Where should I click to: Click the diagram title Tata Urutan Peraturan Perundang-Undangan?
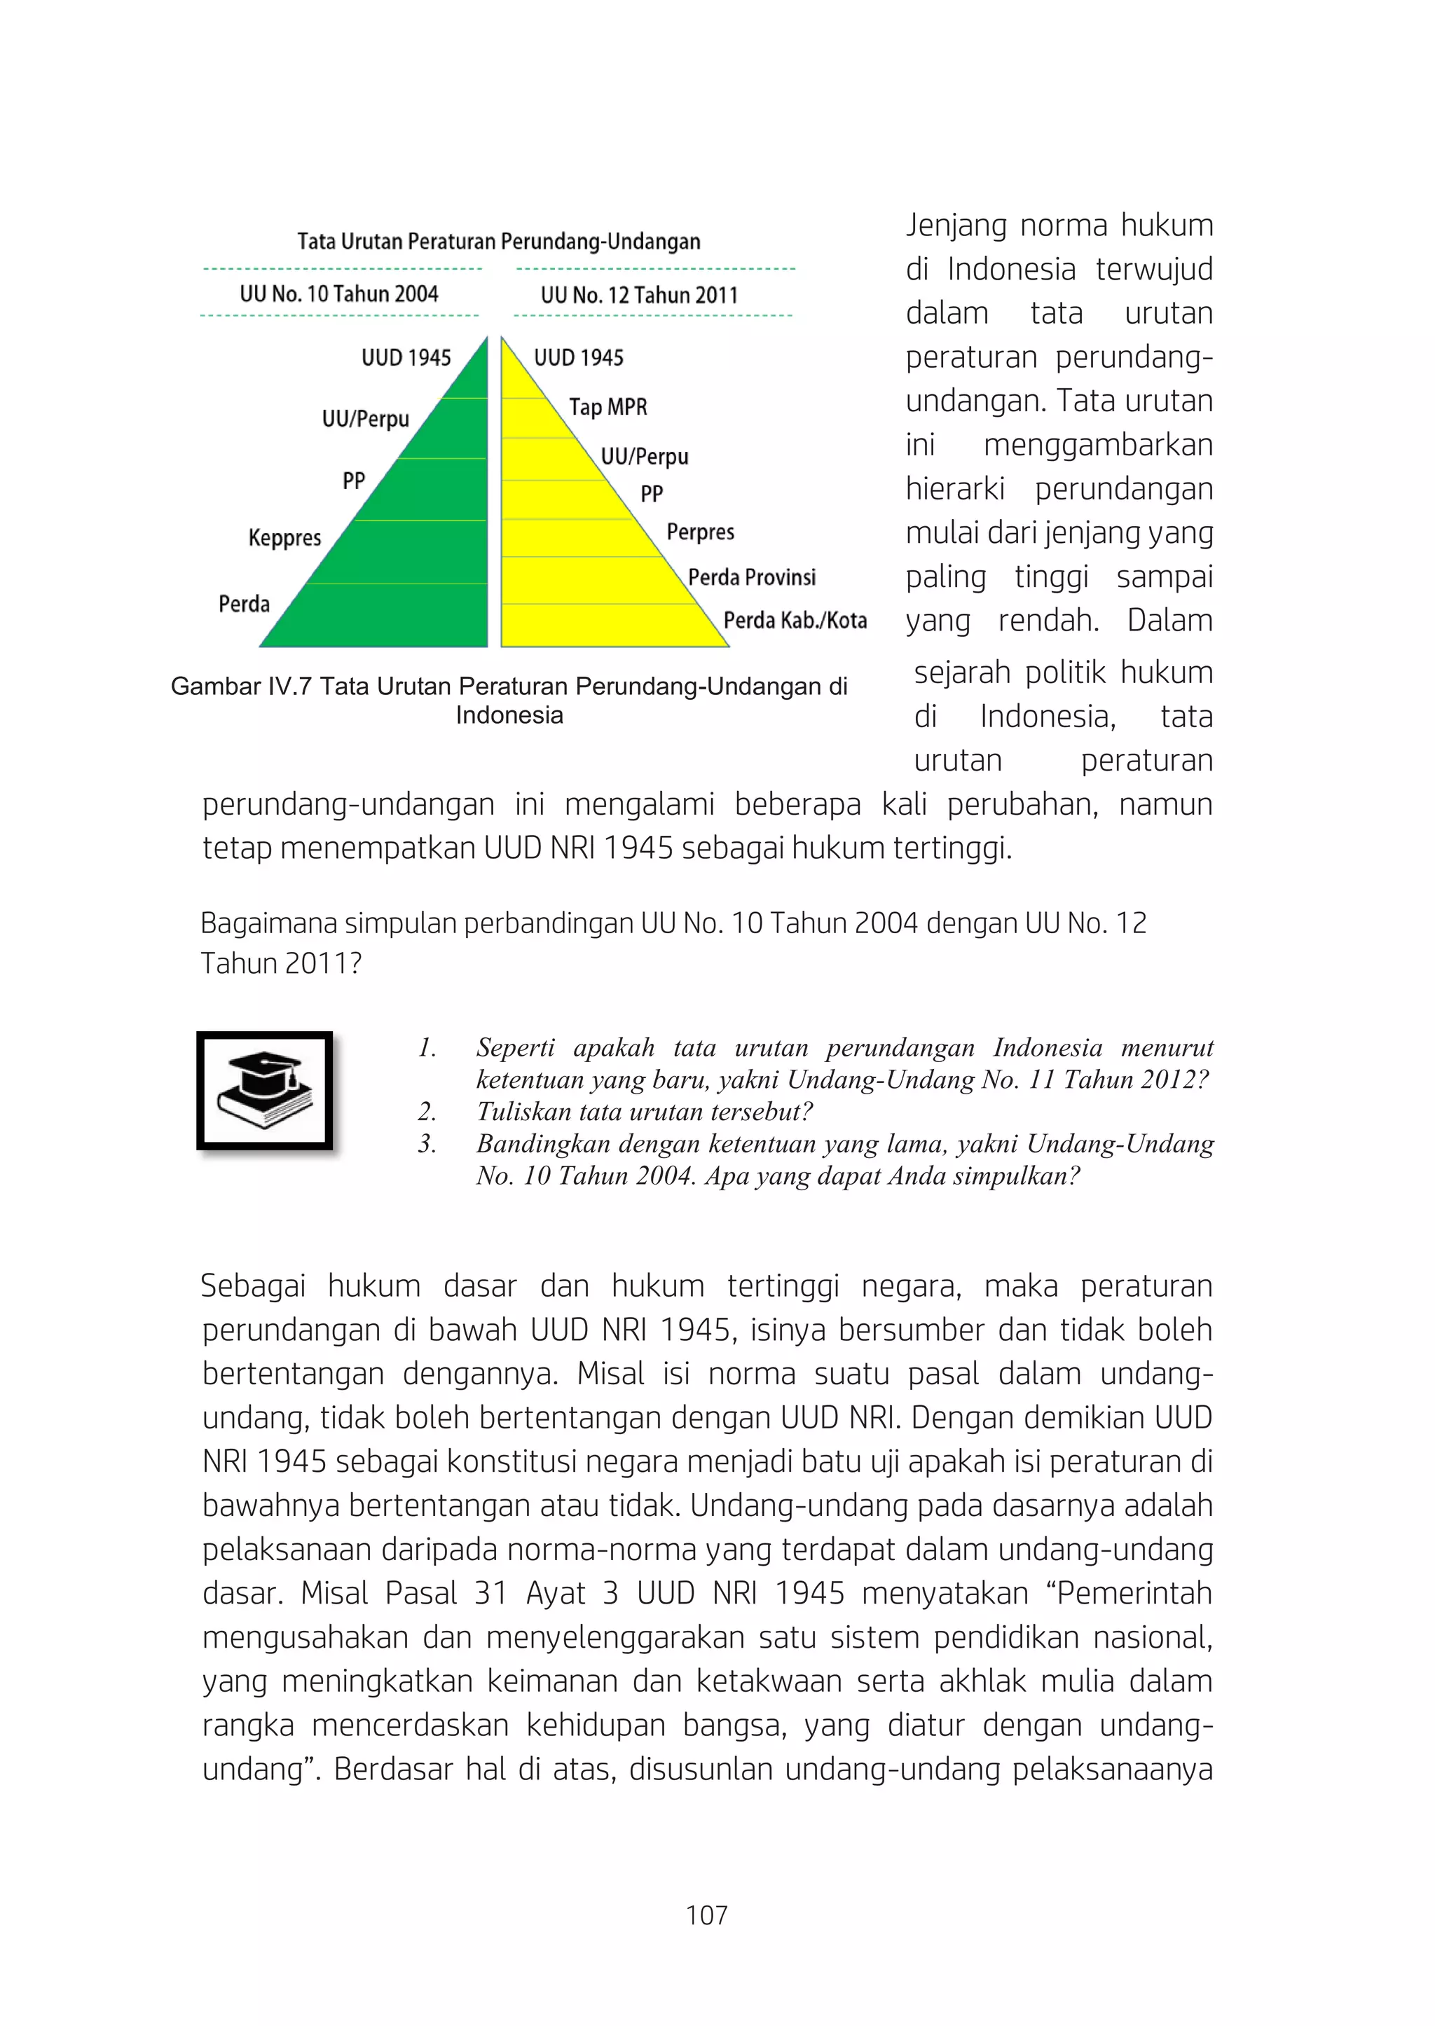[498, 241]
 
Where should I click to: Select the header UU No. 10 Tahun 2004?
[338, 294]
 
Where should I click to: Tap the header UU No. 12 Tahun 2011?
[639, 295]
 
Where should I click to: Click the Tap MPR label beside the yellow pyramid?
[608, 407]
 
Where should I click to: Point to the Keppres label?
[284, 537]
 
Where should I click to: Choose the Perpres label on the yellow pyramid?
[700, 532]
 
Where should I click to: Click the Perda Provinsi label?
[752, 577]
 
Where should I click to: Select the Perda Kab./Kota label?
[795, 620]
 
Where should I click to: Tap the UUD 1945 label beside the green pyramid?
[406, 358]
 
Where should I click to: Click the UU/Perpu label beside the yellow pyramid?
[644, 457]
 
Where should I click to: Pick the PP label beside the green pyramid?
[353, 481]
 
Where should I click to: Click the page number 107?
[707, 1915]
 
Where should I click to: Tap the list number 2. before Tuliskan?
[427, 1112]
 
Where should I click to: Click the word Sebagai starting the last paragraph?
[253, 1286]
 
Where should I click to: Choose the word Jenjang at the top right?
[956, 226]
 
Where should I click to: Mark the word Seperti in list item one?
[514, 1048]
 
